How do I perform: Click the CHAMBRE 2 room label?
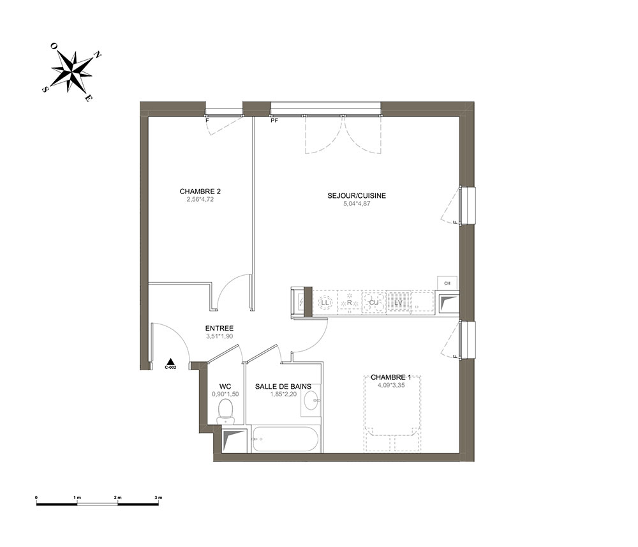(200, 191)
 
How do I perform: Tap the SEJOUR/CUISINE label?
(357, 196)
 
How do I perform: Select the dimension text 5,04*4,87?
(357, 204)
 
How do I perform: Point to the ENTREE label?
(219, 329)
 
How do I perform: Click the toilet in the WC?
(225, 411)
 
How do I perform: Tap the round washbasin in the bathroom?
(313, 401)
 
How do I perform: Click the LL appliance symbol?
(325, 303)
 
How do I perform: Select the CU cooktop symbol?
(373, 303)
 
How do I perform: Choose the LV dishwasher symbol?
(398, 303)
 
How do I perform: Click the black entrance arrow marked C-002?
(171, 361)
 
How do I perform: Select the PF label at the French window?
(274, 121)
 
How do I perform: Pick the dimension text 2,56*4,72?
(200, 199)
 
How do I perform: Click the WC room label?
(225, 386)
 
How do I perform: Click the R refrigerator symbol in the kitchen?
(350, 303)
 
